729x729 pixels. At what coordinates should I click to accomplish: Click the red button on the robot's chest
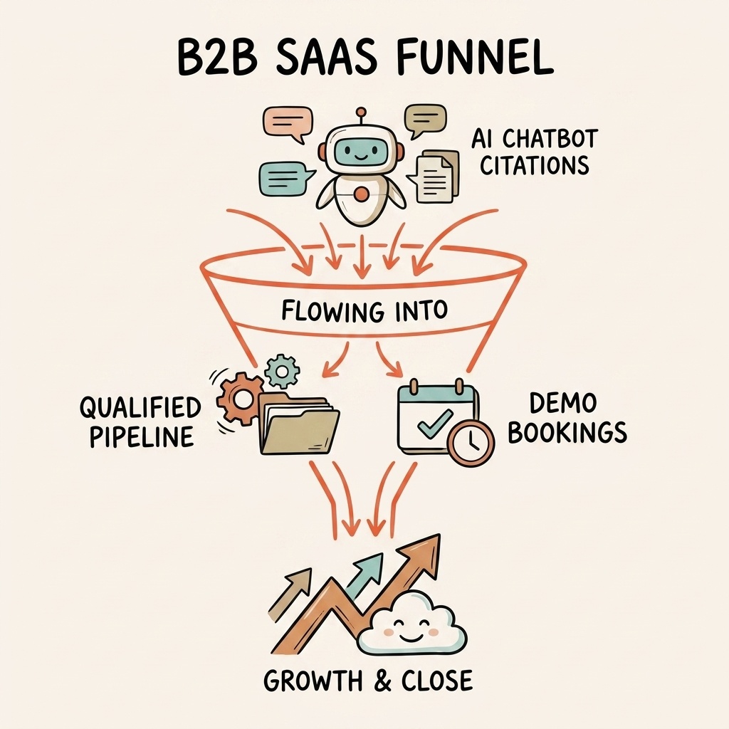pyautogui.click(x=362, y=193)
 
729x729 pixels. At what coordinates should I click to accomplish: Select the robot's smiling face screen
pyautogui.click(x=361, y=150)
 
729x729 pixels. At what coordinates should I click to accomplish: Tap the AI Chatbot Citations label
pyautogui.click(x=534, y=152)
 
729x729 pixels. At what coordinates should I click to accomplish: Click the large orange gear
pyautogui.click(x=239, y=399)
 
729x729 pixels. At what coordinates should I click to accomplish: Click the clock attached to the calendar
pyautogui.click(x=471, y=444)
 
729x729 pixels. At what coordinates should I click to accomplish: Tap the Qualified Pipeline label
pyautogui.click(x=140, y=421)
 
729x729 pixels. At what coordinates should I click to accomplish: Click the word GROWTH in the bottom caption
pyautogui.click(x=314, y=681)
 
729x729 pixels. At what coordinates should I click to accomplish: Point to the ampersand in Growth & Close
pyautogui.click(x=382, y=681)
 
